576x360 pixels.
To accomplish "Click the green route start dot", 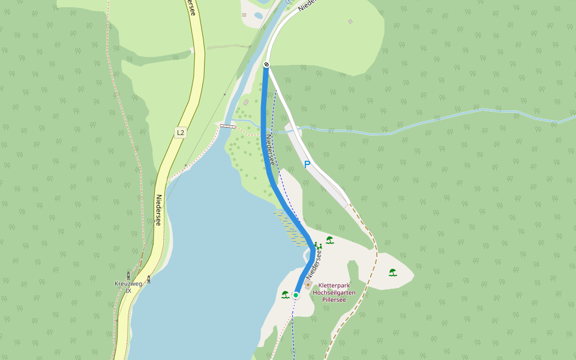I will (x=296, y=295).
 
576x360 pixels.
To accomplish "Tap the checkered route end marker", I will (x=266, y=64).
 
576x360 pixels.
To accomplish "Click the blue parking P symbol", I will (x=307, y=164).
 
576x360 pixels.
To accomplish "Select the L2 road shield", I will (x=180, y=132).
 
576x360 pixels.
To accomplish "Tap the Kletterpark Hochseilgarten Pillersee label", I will (x=334, y=292).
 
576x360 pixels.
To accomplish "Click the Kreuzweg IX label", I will (x=128, y=287).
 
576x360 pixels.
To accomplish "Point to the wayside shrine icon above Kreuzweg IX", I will (x=128, y=275).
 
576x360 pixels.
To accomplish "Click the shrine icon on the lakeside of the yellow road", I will (x=149, y=278).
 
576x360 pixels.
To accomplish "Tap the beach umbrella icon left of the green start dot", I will (x=286, y=294).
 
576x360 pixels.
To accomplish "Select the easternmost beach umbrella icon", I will (x=392, y=272).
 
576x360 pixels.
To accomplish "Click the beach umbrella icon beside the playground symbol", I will (x=329, y=240).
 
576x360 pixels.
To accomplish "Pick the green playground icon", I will (x=317, y=245).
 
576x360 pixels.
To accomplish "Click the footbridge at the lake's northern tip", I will (x=227, y=126).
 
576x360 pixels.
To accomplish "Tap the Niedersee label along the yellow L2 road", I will (x=159, y=210).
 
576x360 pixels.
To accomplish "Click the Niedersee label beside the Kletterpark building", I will (x=314, y=265).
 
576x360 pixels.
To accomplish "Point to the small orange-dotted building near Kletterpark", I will (x=308, y=286).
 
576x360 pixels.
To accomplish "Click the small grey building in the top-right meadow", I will (x=350, y=22).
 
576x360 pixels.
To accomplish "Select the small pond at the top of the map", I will (x=259, y=16).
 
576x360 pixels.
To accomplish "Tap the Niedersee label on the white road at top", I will (x=305, y=5).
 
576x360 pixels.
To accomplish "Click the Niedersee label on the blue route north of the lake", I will (x=270, y=150).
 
